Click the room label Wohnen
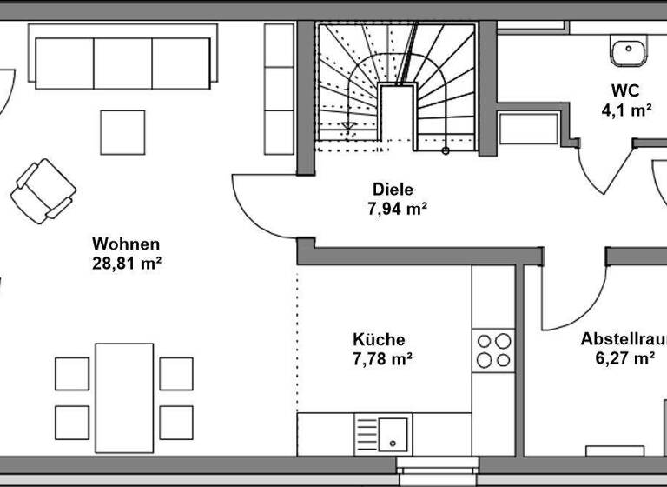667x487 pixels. pyautogui.click(x=127, y=243)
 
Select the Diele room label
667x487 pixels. pyautogui.click(x=393, y=189)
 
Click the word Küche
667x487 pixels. pyautogui.click(x=379, y=339)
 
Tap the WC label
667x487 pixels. pyautogui.click(x=624, y=90)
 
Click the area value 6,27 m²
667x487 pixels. pyautogui.click(x=618, y=357)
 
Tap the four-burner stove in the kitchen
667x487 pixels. pyautogui.click(x=494, y=350)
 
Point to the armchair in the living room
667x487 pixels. pyautogui.click(x=43, y=190)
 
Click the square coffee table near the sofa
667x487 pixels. pyautogui.click(x=122, y=132)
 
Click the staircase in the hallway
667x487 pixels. pyautogui.click(x=397, y=87)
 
